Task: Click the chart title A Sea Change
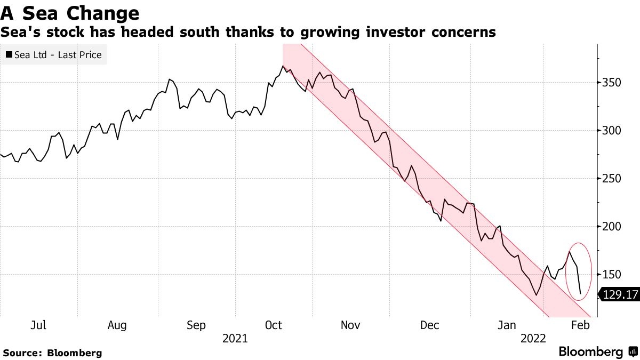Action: (70, 12)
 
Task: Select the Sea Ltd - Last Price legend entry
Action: (53, 54)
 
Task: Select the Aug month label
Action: (117, 325)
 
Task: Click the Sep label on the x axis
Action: (196, 325)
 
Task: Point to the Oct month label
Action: (274, 325)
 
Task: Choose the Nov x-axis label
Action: (350, 325)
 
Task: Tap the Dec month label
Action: (429, 325)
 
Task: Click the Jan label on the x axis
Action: (507, 325)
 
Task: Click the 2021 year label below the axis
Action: (235, 338)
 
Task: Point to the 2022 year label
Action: (534, 338)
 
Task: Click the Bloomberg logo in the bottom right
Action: (591, 352)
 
